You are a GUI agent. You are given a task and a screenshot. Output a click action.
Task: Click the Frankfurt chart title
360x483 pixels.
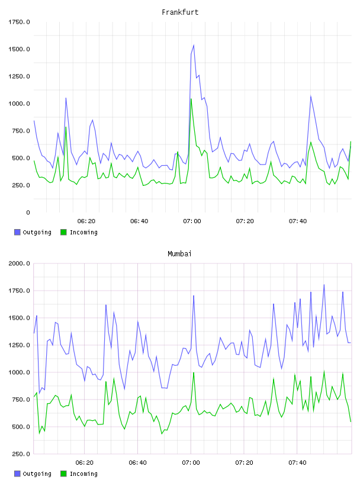(x=180, y=12)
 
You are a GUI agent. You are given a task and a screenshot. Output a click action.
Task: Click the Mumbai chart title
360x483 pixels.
(x=179, y=254)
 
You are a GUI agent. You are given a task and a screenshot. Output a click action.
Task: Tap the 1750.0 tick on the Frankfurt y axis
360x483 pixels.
(x=19, y=22)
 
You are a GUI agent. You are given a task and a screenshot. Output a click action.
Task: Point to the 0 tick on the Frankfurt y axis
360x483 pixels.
(x=28, y=212)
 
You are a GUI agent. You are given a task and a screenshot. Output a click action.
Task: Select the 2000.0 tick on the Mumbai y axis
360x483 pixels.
(x=19, y=263)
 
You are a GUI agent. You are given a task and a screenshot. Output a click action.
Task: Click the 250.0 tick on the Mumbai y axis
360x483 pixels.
(x=19, y=454)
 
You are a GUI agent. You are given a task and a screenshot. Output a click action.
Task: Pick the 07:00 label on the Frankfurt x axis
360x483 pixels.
(x=192, y=221)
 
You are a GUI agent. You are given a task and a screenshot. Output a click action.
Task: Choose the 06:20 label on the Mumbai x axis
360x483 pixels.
(x=85, y=462)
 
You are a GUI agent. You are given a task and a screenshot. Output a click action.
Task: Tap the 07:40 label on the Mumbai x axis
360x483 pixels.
(x=297, y=462)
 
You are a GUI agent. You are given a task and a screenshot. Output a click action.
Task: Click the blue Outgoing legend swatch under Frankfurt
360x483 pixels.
(x=17, y=232)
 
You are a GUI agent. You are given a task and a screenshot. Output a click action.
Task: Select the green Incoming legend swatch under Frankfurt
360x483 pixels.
(x=63, y=232)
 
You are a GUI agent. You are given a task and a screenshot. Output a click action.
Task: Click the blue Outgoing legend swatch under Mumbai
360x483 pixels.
(x=17, y=474)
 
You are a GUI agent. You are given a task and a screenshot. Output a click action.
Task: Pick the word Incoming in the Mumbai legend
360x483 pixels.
(x=83, y=474)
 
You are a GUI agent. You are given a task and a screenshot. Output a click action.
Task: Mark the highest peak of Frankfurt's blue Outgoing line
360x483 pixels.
(x=194, y=45)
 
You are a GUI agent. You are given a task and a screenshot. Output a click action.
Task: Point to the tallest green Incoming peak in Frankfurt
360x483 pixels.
(x=191, y=99)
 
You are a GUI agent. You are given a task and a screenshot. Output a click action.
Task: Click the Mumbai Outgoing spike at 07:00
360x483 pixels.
(x=194, y=296)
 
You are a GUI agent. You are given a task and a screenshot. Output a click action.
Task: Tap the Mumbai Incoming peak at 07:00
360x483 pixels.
(x=194, y=373)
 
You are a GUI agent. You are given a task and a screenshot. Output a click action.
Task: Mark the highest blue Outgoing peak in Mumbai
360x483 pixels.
(x=324, y=285)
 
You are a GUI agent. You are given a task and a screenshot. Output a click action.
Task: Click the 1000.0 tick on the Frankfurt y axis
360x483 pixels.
(x=19, y=104)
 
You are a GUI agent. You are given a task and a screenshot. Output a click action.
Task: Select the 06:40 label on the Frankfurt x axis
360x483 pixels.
(x=139, y=221)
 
